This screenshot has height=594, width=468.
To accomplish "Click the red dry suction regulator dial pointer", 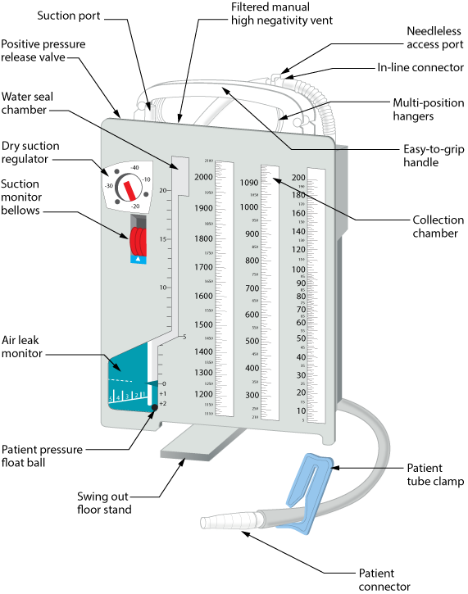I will point(129,191).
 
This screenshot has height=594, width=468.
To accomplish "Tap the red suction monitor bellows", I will point(139,243).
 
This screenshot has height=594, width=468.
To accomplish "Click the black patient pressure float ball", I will point(153,410).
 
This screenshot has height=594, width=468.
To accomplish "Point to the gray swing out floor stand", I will point(193,447).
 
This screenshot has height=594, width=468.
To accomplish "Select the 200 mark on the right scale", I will point(298,178).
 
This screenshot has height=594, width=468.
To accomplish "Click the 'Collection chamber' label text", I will point(432,227).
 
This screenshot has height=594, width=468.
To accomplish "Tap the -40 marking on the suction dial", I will point(134,167).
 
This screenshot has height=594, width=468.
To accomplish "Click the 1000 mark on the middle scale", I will point(249,207).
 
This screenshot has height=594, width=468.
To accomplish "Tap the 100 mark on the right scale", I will point(298,269).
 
